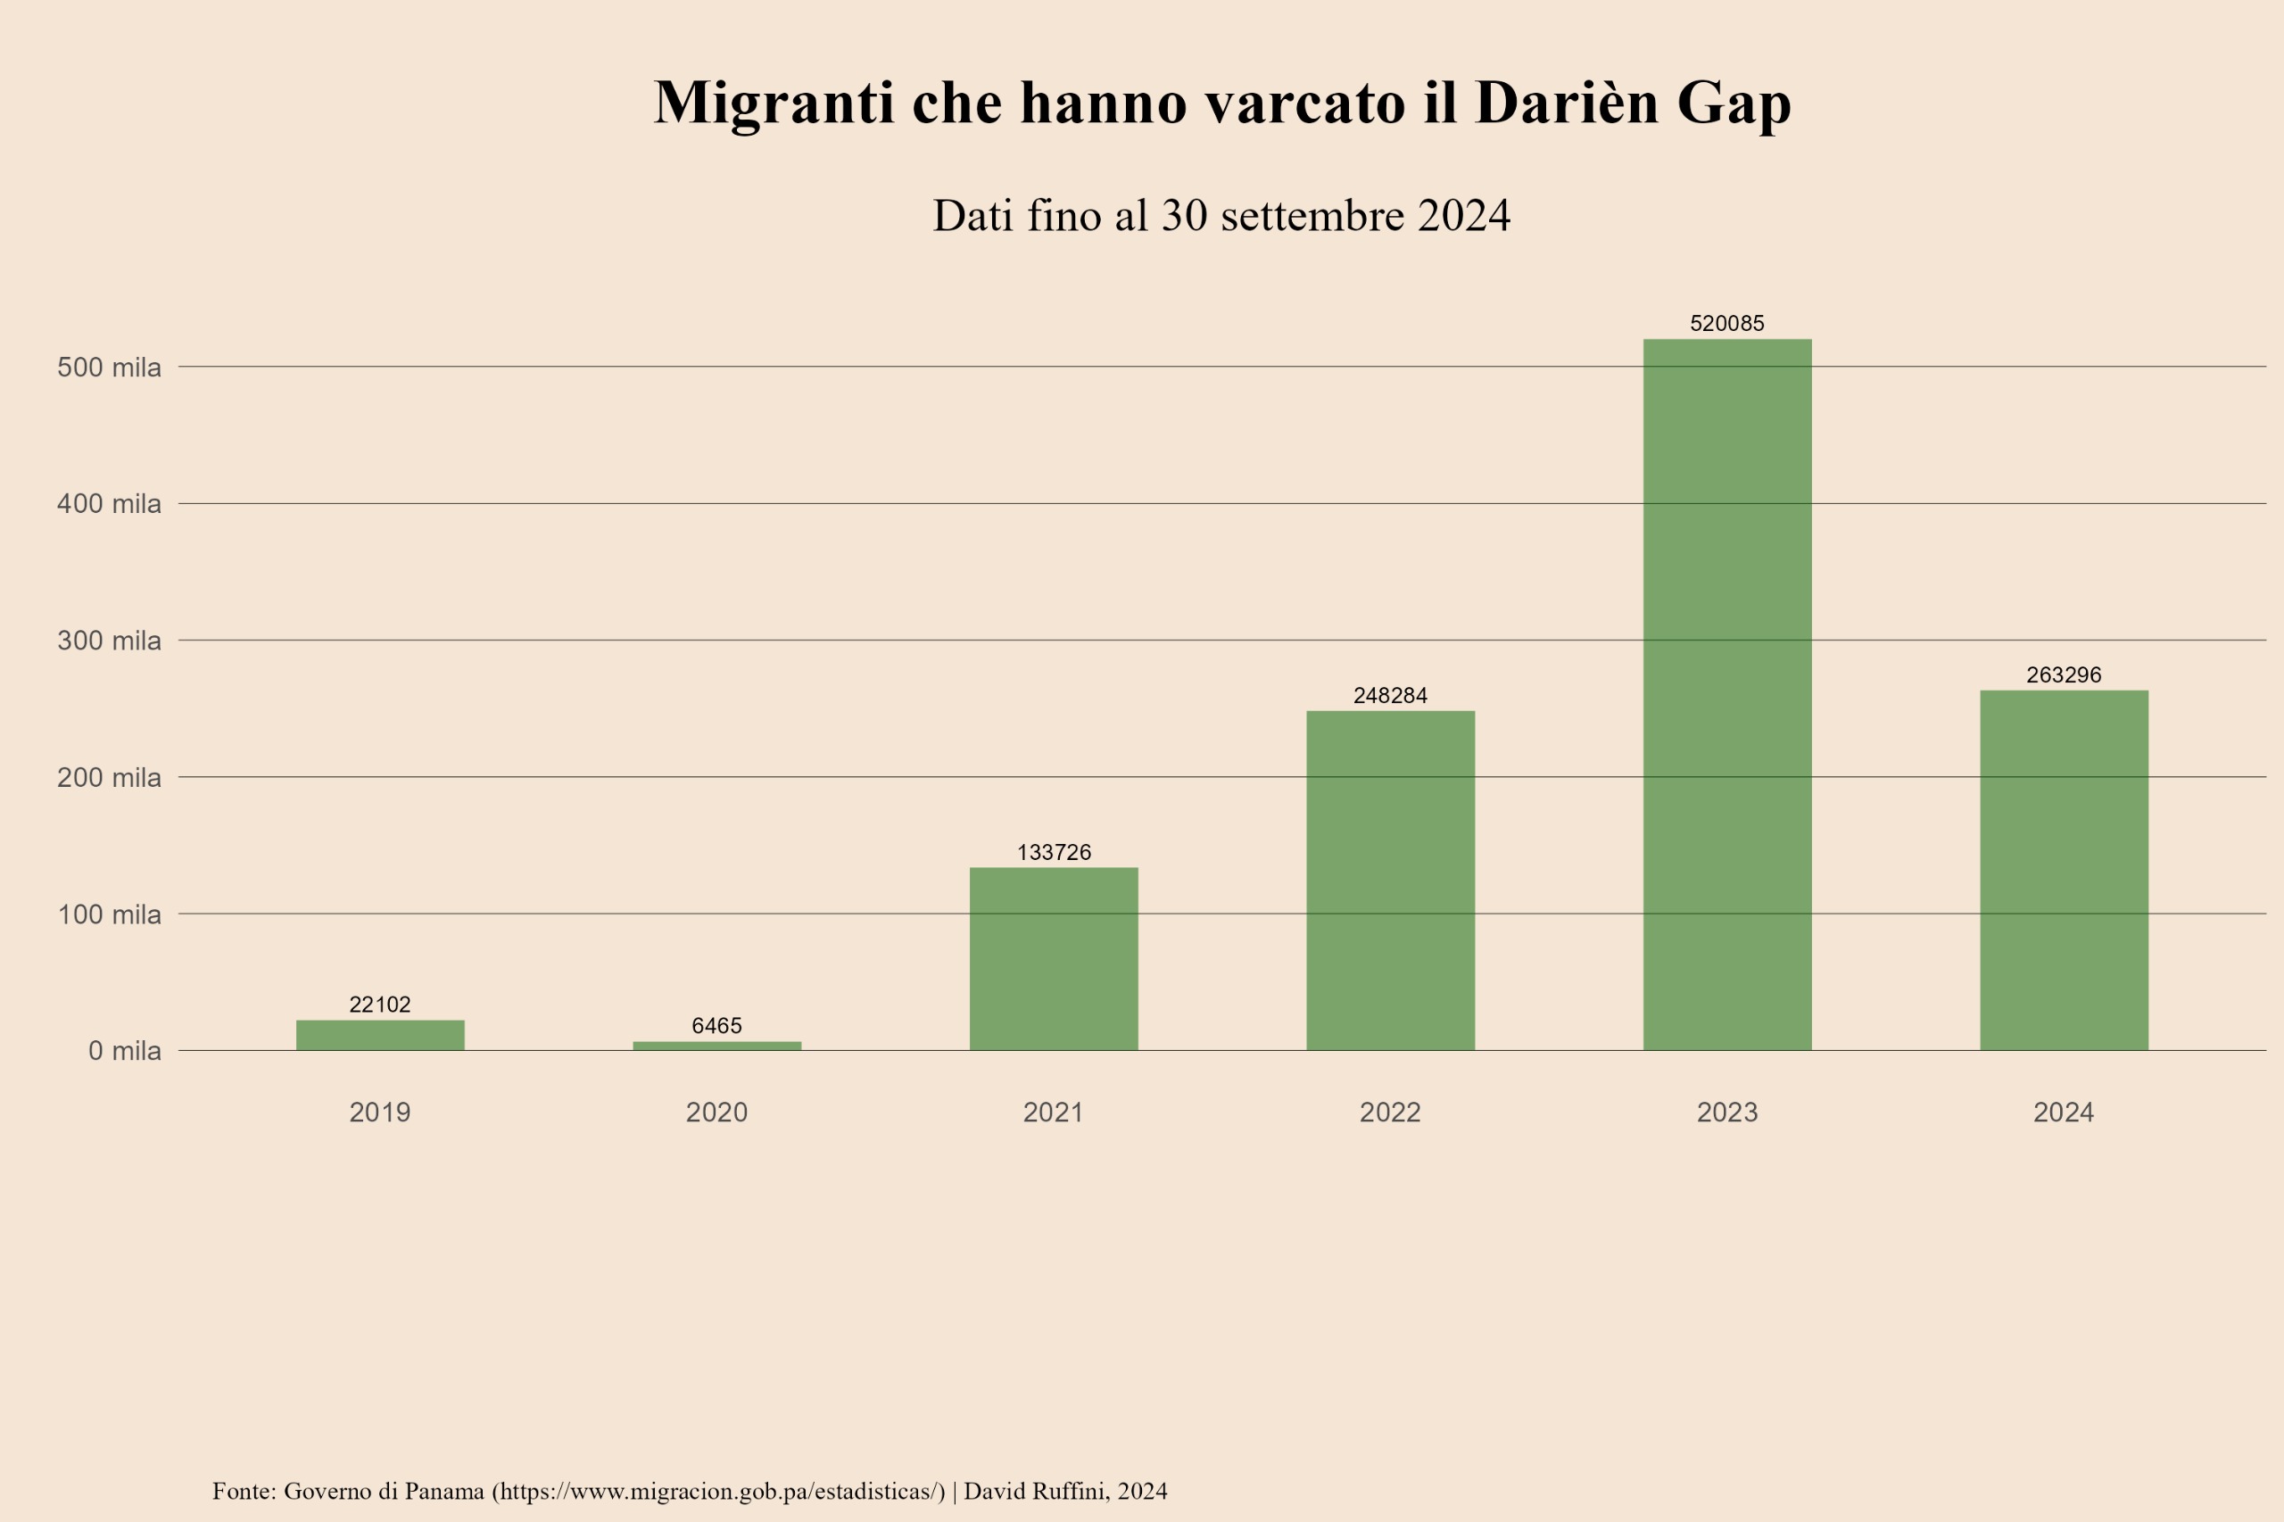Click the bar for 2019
pos(379,1035)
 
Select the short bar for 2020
pos(716,1046)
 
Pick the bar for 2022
pos(1390,881)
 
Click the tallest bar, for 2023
pos(1727,694)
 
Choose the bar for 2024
pos(2064,870)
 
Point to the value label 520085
pos(1727,323)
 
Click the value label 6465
pos(716,1026)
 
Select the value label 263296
pos(2064,674)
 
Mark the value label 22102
pos(379,1005)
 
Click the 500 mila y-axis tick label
pos(109,368)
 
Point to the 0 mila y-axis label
pos(124,1051)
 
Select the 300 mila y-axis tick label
pos(109,641)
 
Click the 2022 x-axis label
pos(1390,1113)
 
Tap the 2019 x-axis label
pos(379,1113)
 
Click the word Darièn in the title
pos(1567,102)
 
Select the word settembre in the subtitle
pos(1312,216)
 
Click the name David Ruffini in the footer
pos(1036,1491)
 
